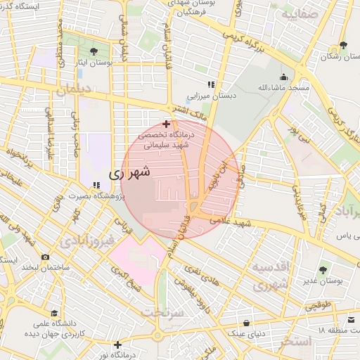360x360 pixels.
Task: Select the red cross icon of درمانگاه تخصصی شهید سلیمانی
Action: (x=166, y=124)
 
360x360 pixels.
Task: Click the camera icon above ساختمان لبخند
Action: (x=46, y=257)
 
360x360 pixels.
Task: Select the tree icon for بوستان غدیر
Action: (x=323, y=269)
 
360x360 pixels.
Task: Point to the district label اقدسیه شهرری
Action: (x=270, y=276)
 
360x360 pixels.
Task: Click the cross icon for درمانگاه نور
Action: (x=117, y=345)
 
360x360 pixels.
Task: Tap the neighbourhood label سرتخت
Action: (x=162, y=311)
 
